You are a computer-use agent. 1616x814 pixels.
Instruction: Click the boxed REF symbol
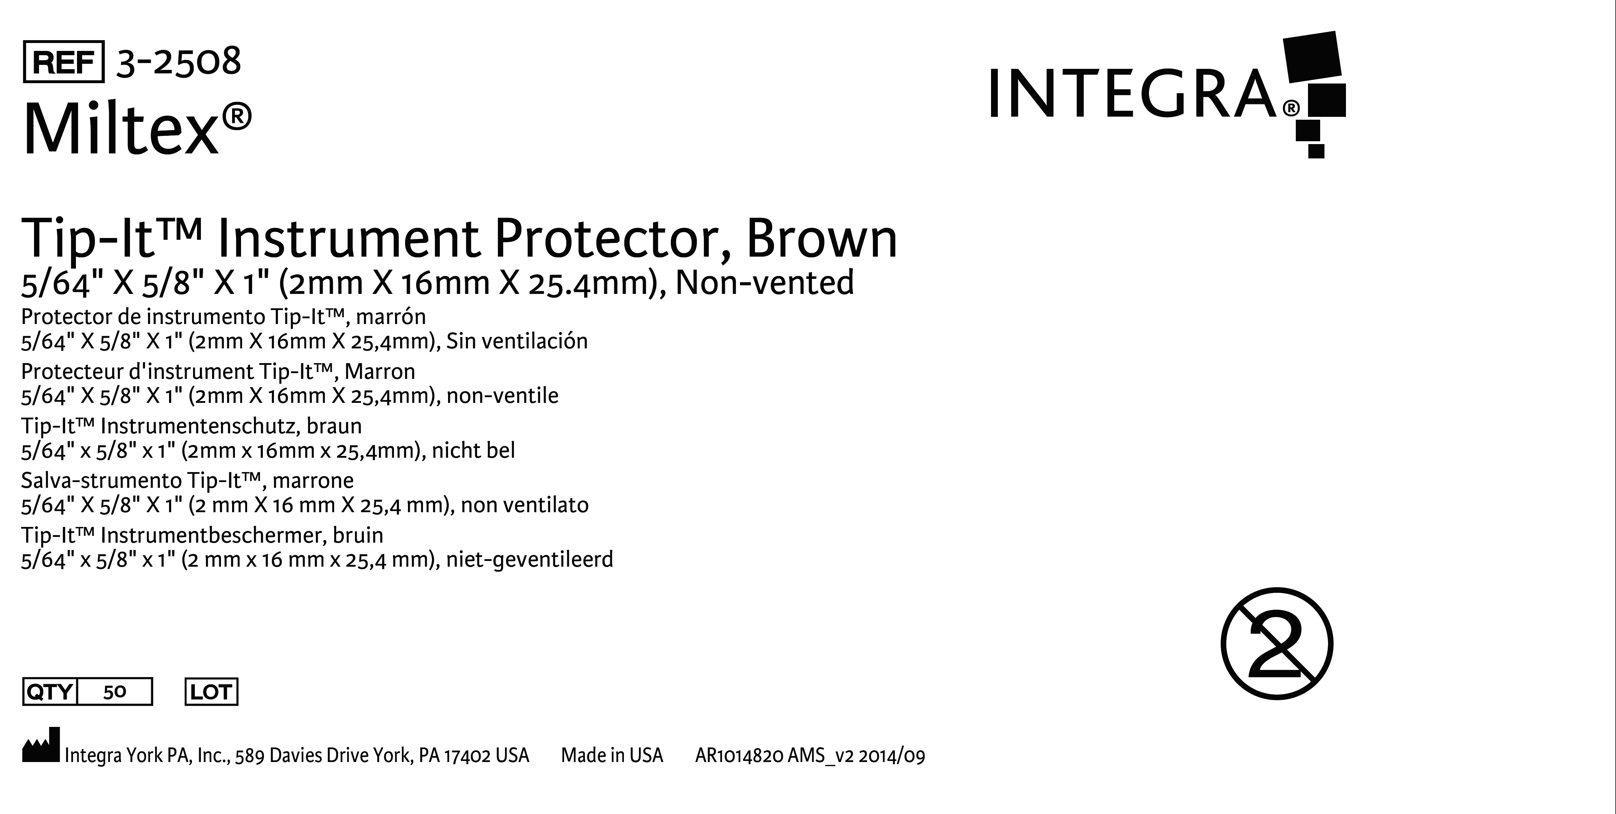pos(63,62)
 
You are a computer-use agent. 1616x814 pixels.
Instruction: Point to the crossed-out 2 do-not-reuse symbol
pos(1276,643)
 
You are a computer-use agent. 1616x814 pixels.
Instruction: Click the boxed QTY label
pos(49,692)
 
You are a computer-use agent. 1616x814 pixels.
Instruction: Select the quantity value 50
pos(115,692)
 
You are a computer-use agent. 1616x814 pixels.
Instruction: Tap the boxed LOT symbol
pos(211,692)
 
